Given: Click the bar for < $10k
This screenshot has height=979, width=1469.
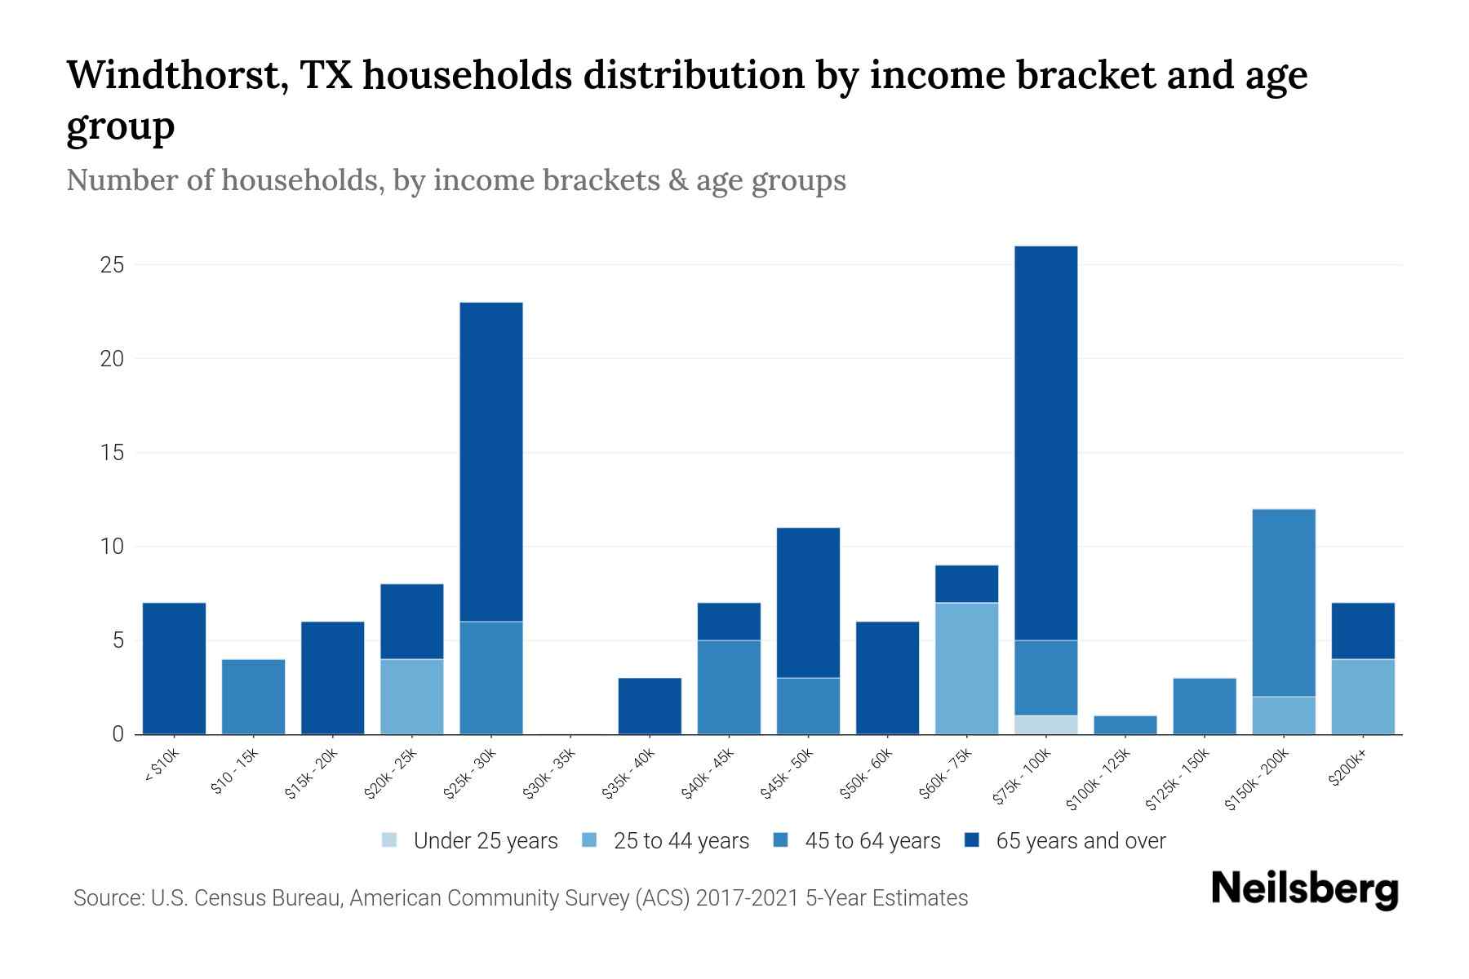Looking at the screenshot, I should pyautogui.click(x=174, y=668).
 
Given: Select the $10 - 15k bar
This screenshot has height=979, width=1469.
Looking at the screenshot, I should pyautogui.click(x=253, y=696).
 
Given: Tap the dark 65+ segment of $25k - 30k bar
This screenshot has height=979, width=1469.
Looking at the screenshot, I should pyautogui.click(x=491, y=462).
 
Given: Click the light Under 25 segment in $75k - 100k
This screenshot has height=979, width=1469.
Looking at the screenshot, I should pyautogui.click(x=1046, y=724).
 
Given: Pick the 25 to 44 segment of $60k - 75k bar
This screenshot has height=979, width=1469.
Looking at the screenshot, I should pyautogui.click(x=967, y=668).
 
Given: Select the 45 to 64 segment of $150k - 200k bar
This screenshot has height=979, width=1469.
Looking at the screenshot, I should pyautogui.click(x=1284, y=603).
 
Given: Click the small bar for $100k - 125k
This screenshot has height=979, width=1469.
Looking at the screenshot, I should pyautogui.click(x=1125, y=724).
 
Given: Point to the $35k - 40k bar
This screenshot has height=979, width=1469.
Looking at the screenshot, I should pyautogui.click(x=650, y=706).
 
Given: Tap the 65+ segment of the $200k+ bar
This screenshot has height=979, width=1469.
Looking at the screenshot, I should pyautogui.click(x=1363, y=631).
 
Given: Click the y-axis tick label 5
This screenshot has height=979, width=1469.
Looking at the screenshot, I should pyautogui.click(x=118, y=640).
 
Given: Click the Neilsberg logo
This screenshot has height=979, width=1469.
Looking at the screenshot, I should pyautogui.click(x=1304, y=889).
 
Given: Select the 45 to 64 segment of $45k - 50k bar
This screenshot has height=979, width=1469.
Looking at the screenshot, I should pyautogui.click(x=808, y=706).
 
